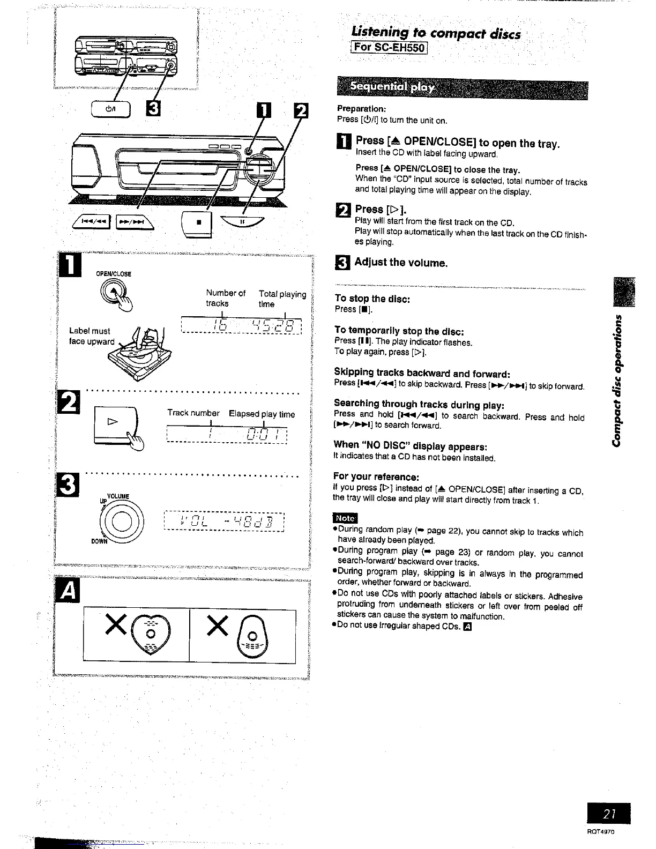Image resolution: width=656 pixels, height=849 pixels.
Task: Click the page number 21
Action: [608, 814]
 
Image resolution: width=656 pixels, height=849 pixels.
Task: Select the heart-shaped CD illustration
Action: [152, 632]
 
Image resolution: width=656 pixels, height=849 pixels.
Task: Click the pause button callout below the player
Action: [242, 221]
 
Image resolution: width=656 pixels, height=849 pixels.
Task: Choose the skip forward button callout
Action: [133, 220]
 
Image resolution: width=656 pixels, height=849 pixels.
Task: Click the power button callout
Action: [111, 109]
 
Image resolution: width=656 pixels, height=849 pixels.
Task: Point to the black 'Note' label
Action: [345, 518]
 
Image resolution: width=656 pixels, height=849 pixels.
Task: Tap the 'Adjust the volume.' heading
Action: [400, 263]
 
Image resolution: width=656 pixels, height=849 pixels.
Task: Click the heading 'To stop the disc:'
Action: [372, 299]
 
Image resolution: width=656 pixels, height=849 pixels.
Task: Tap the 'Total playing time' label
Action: [281, 299]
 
